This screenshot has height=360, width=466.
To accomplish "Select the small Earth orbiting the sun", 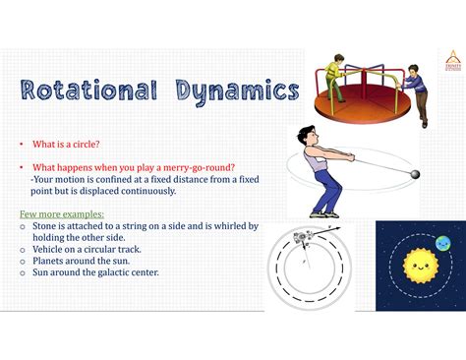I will (443, 243).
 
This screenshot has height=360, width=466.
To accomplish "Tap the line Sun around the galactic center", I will (94, 272).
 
